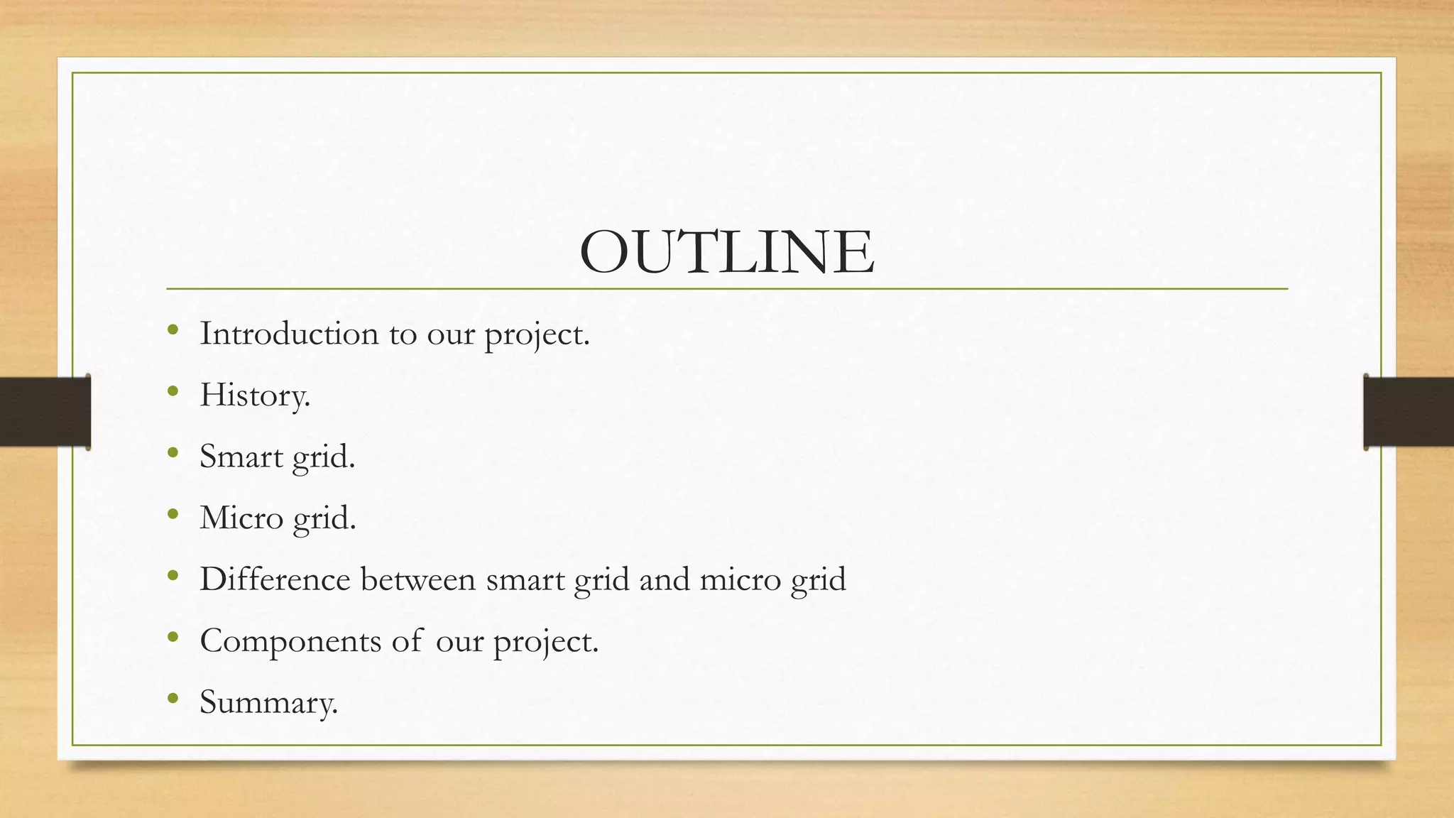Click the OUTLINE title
point(726,252)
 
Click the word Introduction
point(289,334)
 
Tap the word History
point(254,396)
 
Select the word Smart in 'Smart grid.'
point(241,457)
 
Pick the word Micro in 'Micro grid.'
point(241,518)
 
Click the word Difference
point(275,579)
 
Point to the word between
point(418,579)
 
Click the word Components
point(290,640)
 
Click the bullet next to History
point(173,391)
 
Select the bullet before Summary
point(173,699)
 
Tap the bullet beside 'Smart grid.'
point(173,453)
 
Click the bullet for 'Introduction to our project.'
point(173,329)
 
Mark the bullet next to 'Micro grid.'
point(173,514)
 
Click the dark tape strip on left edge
point(45,412)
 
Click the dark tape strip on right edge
point(1409,412)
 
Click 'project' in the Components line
point(544,642)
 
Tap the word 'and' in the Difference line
point(665,579)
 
